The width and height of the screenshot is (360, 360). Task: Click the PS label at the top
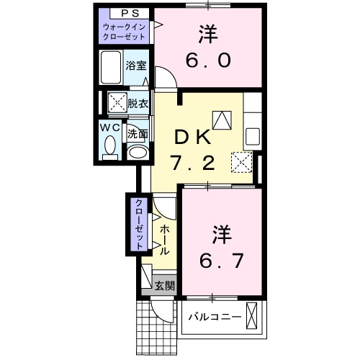point(125,13)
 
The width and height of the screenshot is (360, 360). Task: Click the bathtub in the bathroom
point(110,68)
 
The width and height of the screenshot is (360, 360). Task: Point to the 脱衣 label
point(138,103)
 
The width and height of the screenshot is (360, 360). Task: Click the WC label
point(109,127)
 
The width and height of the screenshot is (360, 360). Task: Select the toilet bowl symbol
point(109,147)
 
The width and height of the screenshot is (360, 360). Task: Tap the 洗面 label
point(138,133)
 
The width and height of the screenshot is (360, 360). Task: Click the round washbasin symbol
point(137,151)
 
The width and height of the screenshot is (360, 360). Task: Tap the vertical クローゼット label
point(136,223)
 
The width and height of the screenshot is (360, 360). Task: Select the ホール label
point(164,240)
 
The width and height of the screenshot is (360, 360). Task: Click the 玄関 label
point(164,285)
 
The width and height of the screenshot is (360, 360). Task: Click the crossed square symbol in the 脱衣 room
point(117,103)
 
